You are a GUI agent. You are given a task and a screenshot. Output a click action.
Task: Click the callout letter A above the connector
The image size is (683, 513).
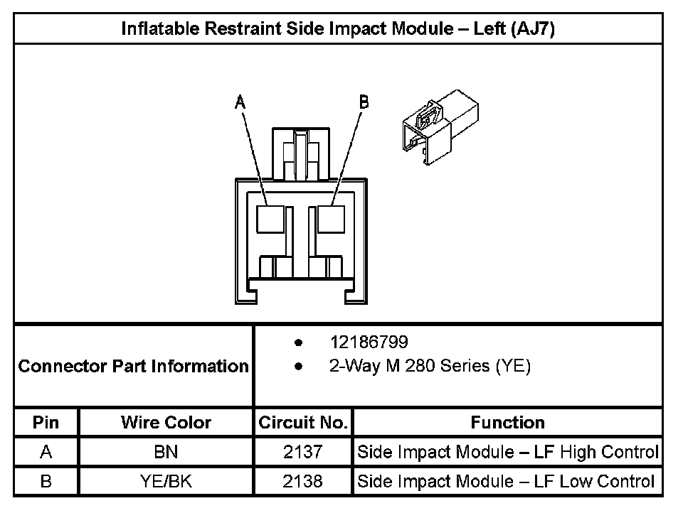point(240,102)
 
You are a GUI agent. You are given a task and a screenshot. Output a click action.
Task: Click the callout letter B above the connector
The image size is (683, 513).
point(364,102)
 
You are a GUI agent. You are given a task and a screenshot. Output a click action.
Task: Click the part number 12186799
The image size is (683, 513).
point(369,342)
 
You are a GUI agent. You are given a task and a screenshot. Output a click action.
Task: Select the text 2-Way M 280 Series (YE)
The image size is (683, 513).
point(430,367)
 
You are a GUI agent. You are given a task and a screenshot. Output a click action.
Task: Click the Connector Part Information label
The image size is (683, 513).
point(134,367)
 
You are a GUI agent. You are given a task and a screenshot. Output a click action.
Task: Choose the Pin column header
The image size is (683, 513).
point(46,423)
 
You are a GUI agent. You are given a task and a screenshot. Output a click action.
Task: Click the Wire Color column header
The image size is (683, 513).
point(166,423)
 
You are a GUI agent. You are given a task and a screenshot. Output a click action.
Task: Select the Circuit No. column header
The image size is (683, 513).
point(302,423)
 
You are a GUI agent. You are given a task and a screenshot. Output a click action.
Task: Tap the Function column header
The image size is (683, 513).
point(507,423)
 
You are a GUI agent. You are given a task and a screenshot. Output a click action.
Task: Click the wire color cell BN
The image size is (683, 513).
point(166,452)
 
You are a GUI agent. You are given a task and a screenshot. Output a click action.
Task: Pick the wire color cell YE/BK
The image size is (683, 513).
point(166,482)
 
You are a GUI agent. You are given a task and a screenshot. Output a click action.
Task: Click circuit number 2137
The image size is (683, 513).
point(302,452)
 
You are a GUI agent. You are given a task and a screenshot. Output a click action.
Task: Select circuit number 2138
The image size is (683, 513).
point(302,482)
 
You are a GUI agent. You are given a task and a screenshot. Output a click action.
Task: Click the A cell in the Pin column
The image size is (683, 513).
point(46,452)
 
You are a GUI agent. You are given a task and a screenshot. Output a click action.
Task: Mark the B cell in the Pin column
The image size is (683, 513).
point(46,482)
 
